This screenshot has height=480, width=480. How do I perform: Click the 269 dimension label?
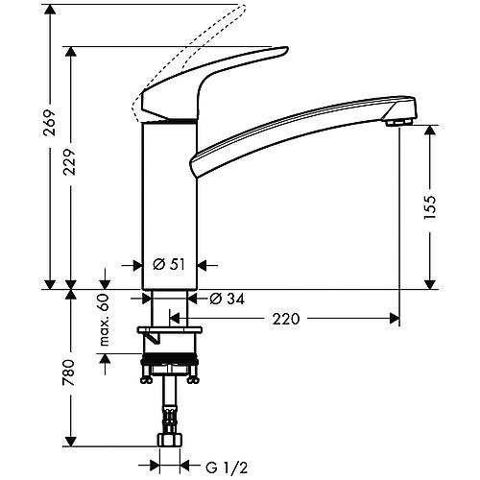pyautogui.click(x=50, y=123)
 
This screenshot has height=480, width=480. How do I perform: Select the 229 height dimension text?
pyautogui.click(x=70, y=161)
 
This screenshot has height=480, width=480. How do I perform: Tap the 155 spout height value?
pyautogui.click(x=430, y=207)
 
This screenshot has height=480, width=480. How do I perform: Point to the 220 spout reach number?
pyautogui.click(x=286, y=319)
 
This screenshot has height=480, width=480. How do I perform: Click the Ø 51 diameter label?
pyautogui.click(x=169, y=264)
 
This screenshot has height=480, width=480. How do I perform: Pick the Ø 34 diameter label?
pyautogui.click(x=228, y=299)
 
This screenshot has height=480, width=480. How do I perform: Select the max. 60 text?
pyautogui.click(x=105, y=320)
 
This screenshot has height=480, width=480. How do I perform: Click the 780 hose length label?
pyautogui.click(x=69, y=372)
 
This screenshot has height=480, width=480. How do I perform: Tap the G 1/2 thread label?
pyautogui.click(x=227, y=468)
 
